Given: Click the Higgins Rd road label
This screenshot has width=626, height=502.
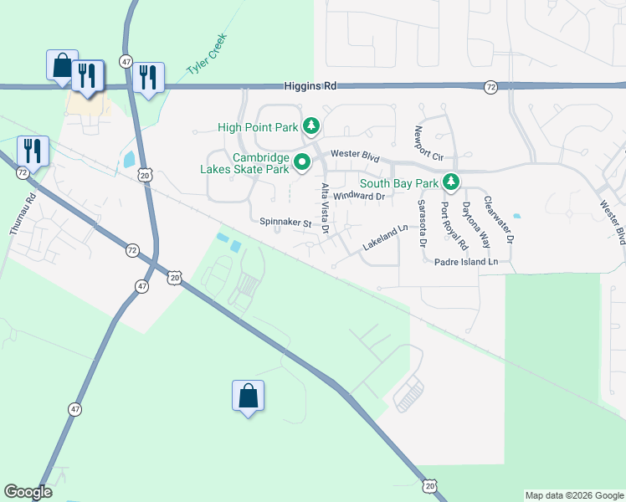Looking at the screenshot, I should click(x=310, y=85).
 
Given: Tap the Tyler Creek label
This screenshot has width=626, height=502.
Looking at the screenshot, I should click(x=207, y=58).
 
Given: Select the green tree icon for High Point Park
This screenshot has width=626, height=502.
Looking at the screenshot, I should click(x=311, y=127).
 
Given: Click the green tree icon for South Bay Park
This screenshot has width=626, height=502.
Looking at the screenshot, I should click(x=451, y=182).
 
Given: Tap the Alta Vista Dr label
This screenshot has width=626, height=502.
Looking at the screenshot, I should click(x=325, y=207).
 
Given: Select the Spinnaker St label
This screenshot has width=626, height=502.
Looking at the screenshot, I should click(x=285, y=223).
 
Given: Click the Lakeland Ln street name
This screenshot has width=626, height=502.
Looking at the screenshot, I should click(x=384, y=237).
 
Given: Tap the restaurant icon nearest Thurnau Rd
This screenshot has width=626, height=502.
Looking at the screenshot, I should click(x=32, y=151).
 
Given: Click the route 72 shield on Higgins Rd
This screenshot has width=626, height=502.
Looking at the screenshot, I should click(x=490, y=86).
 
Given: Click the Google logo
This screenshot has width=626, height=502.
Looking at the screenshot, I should click(x=28, y=491).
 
